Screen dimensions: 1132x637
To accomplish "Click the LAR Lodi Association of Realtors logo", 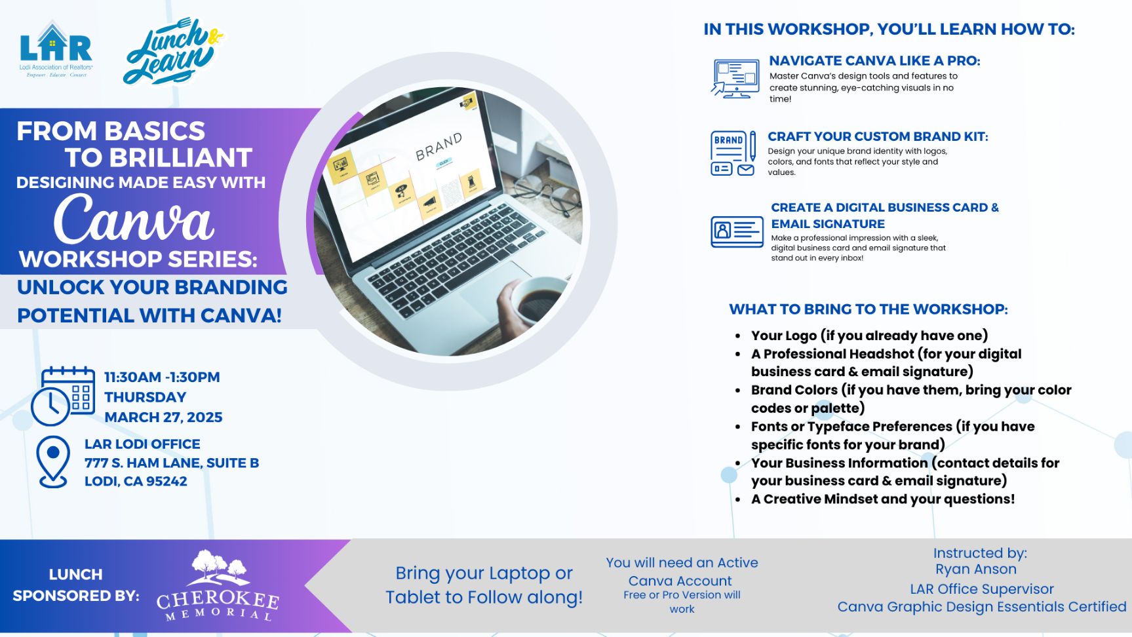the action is click(56, 50).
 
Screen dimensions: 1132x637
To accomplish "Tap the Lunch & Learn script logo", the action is click(173, 51).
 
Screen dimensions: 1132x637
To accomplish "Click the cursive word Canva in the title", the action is click(134, 218).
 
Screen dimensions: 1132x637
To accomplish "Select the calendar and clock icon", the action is click(63, 396).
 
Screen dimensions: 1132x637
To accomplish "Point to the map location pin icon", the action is click(53, 462).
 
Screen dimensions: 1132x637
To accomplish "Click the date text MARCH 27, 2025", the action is click(163, 417).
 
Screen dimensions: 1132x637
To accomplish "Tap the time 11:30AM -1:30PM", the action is click(162, 377).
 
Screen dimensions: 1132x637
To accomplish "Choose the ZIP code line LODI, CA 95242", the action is click(136, 481).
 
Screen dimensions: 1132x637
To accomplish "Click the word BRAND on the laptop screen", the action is click(439, 146).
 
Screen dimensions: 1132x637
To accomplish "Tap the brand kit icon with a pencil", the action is click(733, 153).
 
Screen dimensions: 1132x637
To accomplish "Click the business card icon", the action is click(737, 232).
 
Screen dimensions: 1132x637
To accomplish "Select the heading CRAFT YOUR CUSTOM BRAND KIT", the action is click(878, 136).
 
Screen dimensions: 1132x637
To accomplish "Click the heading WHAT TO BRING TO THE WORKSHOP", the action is click(869, 309).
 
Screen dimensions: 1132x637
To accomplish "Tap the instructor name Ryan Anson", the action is click(976, 569).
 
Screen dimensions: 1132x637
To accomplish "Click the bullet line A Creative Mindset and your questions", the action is click(883, 499).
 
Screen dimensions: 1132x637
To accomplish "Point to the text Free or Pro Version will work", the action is click(682, 602).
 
